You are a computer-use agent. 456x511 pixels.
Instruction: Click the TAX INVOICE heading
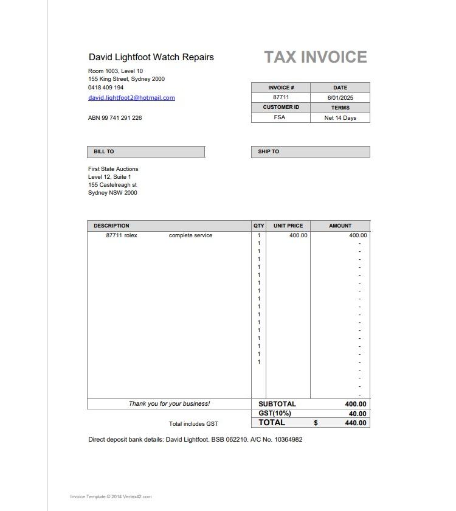pyautogui.click(x=316, y=57)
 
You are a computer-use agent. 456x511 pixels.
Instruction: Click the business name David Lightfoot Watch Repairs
pyautogui.click(x=151, y=57)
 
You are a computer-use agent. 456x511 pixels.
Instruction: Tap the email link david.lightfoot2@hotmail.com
pyautogui.click(x=131, y=98)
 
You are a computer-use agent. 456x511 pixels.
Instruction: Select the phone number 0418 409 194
pyautogui.click(x=106, y=88)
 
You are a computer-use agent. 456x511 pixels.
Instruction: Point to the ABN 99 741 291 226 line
pyautogui.click(x=115, y=118)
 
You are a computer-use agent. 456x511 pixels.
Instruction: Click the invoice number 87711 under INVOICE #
pyautogui.click(x=281, y=97)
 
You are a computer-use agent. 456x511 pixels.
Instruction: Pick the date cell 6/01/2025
pyautogui.click(x=340, y=97)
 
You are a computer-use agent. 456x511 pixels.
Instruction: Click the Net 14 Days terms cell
pyautogui.click(x=340, y=118)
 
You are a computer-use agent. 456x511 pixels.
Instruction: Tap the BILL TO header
pyautogui.click(x=104, y=151)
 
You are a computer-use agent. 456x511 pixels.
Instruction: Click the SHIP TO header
pyautogui.click(x=268, y=151)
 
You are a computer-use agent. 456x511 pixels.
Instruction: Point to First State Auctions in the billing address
pyautogui.click(x=113, y=169)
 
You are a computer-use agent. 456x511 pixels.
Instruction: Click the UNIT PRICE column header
pyautogui.click(x=288, y=226)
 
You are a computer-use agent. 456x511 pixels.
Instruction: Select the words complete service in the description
pyautogui.click(x=191, y=235)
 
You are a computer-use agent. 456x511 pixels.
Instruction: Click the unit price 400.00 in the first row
pyautogui.click(x=298, y=235)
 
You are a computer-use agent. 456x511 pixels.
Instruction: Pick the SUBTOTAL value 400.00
pyautogui.click(x=356, y=404)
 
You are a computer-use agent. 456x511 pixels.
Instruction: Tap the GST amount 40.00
pyautogui.click(x=358, y=414)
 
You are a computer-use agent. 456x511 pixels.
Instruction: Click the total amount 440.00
pyautogui.click(x=356, y=423)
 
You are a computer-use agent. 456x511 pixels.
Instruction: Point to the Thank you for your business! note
pyautogui.click(x=169, y=404)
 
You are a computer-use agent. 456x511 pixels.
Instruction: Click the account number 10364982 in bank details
pyautogui.click(x=288, y=439)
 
